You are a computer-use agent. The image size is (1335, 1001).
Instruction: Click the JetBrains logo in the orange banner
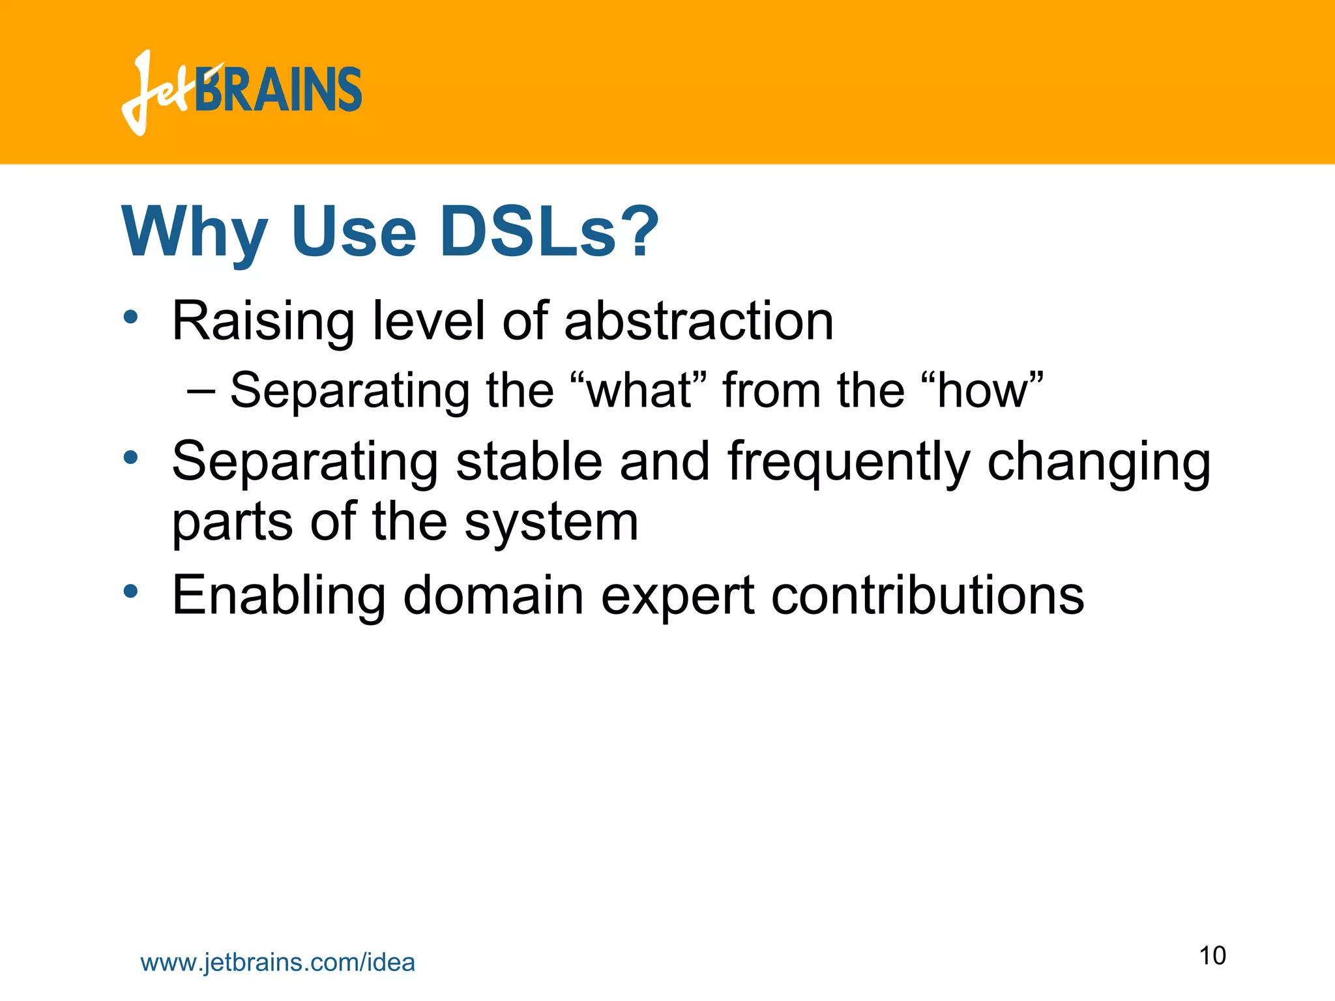click(241, 91)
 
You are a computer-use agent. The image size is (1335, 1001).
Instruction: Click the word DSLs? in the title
click(549, 232)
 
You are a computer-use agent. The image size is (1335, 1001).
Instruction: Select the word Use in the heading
click(353, 232)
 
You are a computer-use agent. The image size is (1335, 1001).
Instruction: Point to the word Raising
click(263, 321)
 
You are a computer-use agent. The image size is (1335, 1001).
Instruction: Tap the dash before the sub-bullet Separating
click(200, 391)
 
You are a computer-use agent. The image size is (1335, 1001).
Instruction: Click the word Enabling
click(279, 595)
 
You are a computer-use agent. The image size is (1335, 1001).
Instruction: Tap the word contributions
click(928, 595)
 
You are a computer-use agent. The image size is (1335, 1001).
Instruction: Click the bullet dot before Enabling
click(131, 591)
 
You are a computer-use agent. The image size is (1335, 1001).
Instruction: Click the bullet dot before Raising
click(131, 317)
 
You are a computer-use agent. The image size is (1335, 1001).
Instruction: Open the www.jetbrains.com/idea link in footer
click(278, 963)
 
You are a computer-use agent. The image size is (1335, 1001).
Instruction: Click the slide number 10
click(1212, 955)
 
